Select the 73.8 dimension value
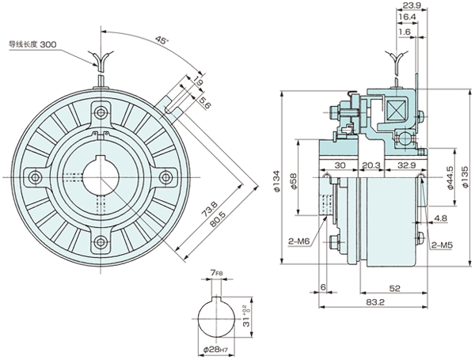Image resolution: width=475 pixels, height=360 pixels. tap(211, 213)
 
